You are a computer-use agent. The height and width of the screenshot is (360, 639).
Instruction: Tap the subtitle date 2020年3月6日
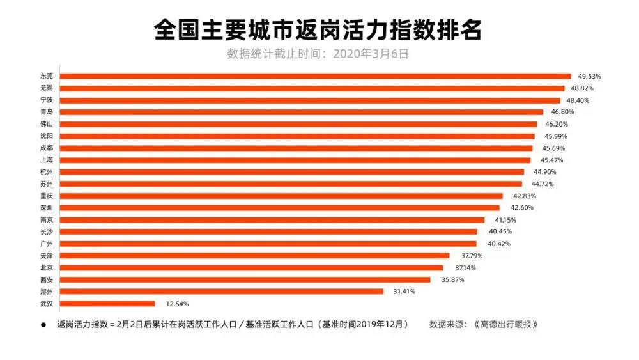(x=373, y=54)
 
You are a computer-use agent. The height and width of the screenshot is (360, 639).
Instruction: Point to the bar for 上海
(x=295, y=160)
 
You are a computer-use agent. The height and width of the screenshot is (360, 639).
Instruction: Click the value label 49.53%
(x=589, y=76)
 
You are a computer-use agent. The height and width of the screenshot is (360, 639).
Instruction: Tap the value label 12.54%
(x=177, y=304)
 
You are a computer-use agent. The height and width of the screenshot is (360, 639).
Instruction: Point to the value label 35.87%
(x=452, y=279)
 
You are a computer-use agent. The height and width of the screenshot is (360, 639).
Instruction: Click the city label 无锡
(x=46, y=88)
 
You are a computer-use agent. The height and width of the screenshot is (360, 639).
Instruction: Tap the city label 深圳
(x=46, y=208)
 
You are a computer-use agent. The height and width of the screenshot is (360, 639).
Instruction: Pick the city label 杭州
(x=46, y=172)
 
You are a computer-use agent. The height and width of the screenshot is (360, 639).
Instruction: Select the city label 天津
(x=46, y=256)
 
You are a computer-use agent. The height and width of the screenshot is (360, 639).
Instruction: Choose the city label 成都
(x=46, y=148)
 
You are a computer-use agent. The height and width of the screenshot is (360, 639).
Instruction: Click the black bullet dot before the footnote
(x=44, y=325)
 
